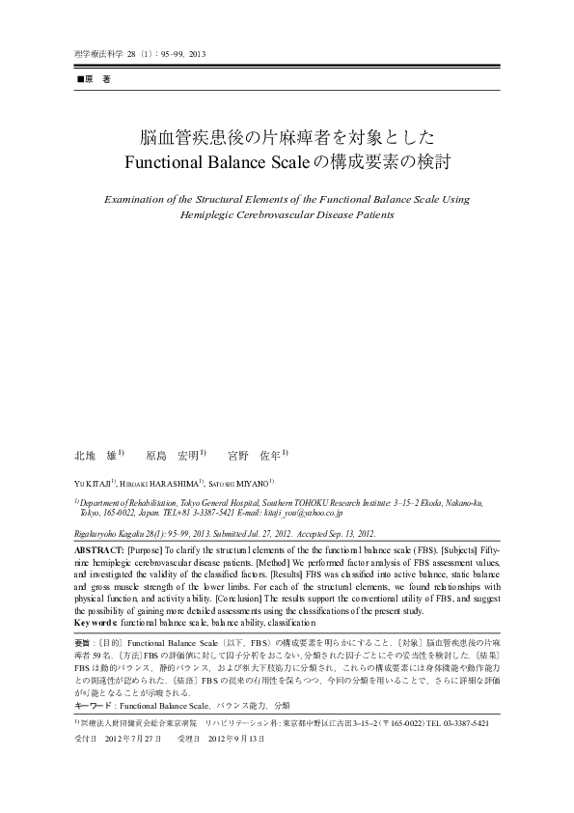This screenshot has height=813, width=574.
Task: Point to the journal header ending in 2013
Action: [x=139, y=54]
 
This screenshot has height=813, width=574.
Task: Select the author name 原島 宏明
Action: [x=174, y=454]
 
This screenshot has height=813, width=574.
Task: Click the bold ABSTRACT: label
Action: [x=99, y=547]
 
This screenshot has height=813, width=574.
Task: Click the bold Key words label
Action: [x=96, y=623]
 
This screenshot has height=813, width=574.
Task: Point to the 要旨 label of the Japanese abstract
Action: [x=84, y=641]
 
